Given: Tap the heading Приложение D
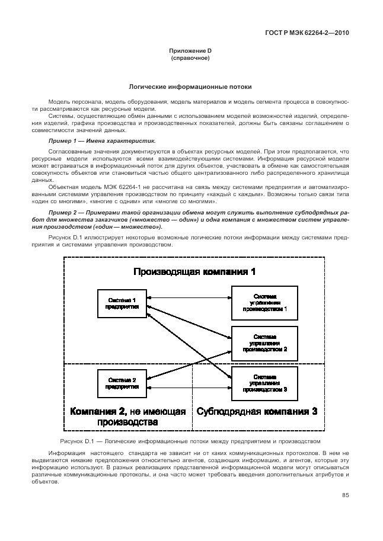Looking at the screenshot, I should [x=190, y=52].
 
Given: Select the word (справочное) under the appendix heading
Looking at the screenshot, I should [x=190, y=59].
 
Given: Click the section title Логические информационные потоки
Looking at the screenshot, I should [x=190, y=87].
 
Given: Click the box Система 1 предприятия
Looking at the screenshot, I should [x=122, y=303].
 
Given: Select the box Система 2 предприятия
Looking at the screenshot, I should [x=122, y=383].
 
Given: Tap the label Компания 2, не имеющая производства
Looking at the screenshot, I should [x=127, y=417].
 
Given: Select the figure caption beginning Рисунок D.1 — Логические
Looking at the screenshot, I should [x=190, y=441].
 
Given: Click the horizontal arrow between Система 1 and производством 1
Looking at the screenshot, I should [x=189, y=297].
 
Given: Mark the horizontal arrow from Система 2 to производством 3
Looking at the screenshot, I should [x=189, y=387].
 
